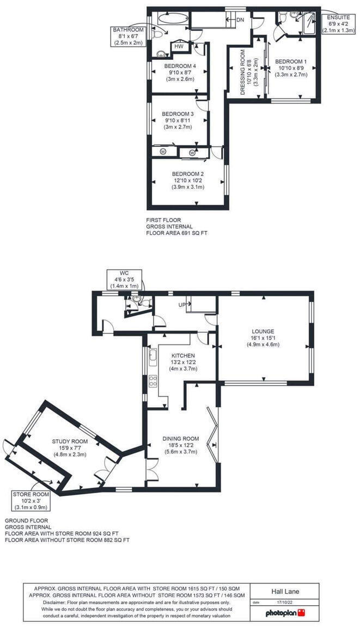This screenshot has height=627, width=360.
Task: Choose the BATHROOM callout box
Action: pyautogui.click(x=128, y=36)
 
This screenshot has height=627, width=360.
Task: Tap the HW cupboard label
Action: pyautogui.click(x=178, y=47)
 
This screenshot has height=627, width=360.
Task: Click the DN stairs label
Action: pyautogui.click(x=240, y=20)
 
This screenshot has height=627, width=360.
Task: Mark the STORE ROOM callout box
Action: pyautogui.click(x=31, y=500)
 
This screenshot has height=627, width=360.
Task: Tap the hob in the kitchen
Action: pyautogui.click(x=153, y=380)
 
